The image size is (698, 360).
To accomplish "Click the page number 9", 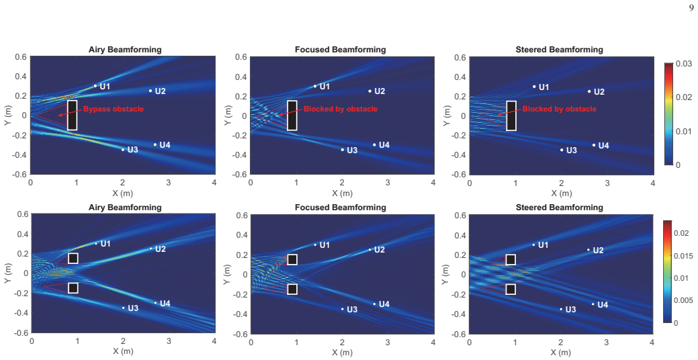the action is [692, 7].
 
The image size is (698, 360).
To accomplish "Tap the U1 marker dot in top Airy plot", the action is [95, 86].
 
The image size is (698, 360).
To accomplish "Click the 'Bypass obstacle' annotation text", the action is [114, 109].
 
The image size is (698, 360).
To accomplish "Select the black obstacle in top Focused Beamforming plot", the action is [292, 116].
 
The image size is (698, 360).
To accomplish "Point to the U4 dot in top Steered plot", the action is [594, 145].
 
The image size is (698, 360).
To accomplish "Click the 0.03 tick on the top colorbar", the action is [684, 64].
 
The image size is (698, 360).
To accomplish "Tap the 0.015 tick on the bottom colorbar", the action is [683, 256].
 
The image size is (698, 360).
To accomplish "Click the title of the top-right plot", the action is [559, 50].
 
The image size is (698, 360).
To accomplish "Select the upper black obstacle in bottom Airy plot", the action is [73, 258].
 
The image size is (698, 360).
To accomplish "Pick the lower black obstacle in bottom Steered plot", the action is [511, 289].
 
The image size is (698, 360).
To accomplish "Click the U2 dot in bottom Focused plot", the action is [370, 250].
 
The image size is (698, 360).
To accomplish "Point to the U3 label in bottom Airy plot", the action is [133, 308].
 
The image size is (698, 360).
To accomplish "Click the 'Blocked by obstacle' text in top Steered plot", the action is [559, 109].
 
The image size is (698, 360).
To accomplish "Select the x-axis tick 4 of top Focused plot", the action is [433, 183].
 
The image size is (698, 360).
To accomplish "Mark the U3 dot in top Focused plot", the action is [343, 150].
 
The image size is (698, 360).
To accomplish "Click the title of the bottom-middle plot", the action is [340, 208].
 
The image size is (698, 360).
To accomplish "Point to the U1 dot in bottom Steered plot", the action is [533, 244].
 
